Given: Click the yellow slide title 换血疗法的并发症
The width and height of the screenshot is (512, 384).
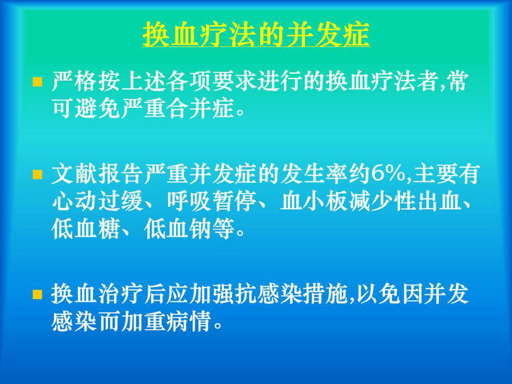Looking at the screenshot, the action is (x=256, y=34).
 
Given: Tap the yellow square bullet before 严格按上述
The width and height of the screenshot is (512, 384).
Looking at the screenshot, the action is (x=38, y=82).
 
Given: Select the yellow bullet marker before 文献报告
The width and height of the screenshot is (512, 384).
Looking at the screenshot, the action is (x=38, y=174).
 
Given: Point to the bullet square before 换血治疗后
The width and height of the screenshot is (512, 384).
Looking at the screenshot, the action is (x=38, y=294).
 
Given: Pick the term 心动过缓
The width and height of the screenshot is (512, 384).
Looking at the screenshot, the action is (x=98, y=202).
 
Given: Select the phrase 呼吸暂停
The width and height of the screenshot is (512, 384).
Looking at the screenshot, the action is (x=212, y=202).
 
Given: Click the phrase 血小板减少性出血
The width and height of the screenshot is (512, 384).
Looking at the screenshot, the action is (x=369, y=202).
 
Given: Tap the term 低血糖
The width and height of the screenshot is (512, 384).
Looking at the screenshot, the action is (x=85, y=230).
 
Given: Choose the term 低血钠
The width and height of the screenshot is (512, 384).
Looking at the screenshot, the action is (x=177, y=230).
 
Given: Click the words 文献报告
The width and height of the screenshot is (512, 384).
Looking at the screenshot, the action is (x=98, y=174).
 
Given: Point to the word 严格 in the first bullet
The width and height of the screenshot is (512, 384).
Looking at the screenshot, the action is (x=74, y=81).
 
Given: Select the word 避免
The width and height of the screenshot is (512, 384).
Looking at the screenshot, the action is (x=97, y=109).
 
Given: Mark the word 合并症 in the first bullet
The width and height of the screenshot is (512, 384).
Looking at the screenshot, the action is (x=201, y=109).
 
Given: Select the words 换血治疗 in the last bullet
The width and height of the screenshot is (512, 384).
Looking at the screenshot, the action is (x=98, y=294).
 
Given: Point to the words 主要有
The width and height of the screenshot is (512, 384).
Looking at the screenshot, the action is (x=446, y=174).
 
